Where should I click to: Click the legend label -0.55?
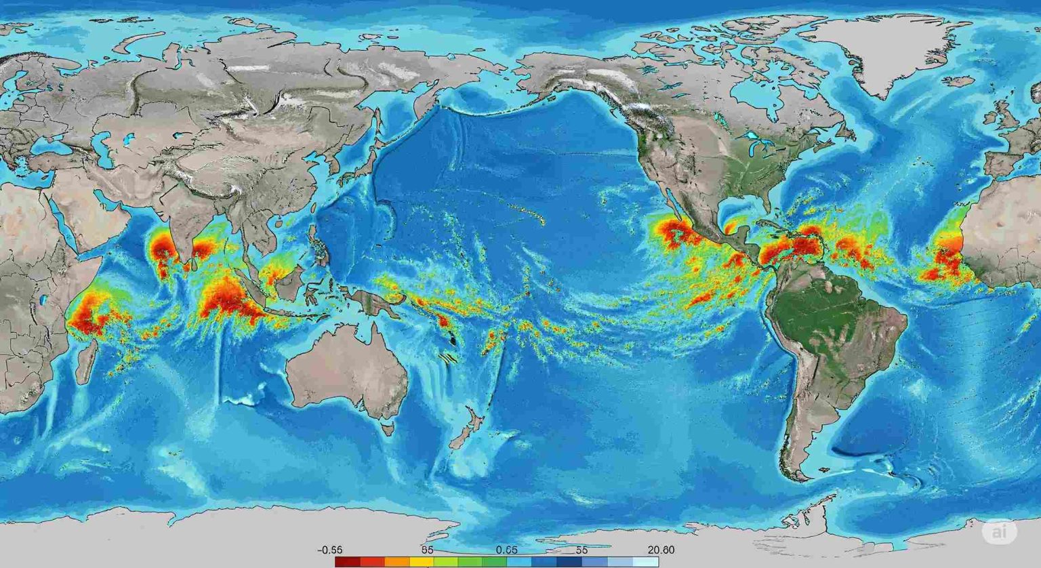(330, 550)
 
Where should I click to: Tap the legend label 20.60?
(661, 550)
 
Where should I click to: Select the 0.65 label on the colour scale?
(506, 550)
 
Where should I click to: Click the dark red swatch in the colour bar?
(347, 562)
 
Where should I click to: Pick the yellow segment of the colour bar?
(421, 562)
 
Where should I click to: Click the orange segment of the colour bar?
(396, 562)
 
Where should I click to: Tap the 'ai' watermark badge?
(1000, 533)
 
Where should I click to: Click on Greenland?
(881, 51)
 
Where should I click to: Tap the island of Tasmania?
(388, 429)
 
